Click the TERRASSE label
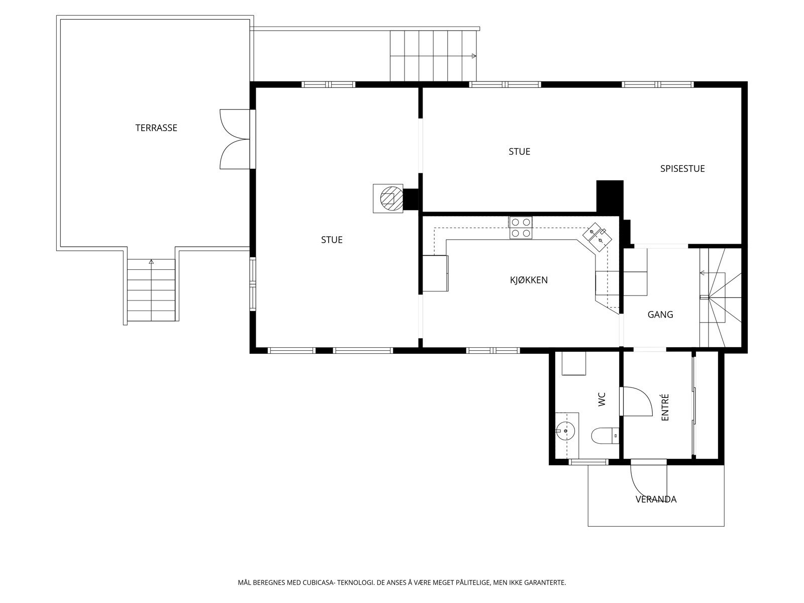156,128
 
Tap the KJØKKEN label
529,280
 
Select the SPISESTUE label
682,169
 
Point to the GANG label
660,315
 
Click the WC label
602,399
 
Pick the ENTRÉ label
665,407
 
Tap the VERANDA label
656,499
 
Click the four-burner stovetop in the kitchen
521,227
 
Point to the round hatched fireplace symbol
391,198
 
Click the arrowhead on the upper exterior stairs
474,56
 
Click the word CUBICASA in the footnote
318,582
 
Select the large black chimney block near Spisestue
610,197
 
